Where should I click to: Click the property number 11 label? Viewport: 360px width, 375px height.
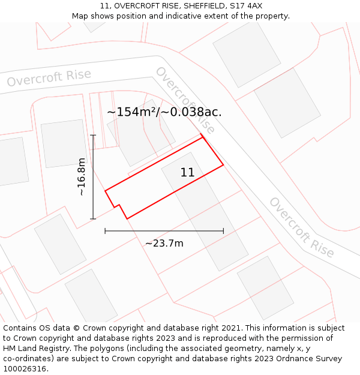pos(187,173)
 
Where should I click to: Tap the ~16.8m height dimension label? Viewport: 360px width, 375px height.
pos(82,177)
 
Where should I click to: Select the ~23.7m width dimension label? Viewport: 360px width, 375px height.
pos(164,243)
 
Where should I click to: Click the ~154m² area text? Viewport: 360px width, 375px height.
pos(132,112)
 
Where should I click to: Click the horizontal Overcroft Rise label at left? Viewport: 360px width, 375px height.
pos(49,78)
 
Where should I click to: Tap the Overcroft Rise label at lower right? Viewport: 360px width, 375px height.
pos(301,227)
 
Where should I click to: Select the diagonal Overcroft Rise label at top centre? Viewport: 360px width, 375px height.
pos(185,100)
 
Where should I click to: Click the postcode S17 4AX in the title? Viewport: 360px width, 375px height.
pos(247,6)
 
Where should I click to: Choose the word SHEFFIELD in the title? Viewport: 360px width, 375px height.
pos(205,6)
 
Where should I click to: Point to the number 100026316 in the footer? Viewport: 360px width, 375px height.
pos(23,369)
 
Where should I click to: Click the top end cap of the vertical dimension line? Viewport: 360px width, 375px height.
pos(93,136)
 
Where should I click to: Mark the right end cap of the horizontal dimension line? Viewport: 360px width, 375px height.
pos(223,230)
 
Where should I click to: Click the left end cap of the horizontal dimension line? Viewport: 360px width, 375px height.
pos(105,230)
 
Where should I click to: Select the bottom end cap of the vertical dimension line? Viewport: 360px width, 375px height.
pos(93,219)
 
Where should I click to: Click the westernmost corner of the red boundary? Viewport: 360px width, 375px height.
pos(106,191)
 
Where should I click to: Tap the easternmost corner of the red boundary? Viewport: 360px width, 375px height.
pos(223,164)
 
